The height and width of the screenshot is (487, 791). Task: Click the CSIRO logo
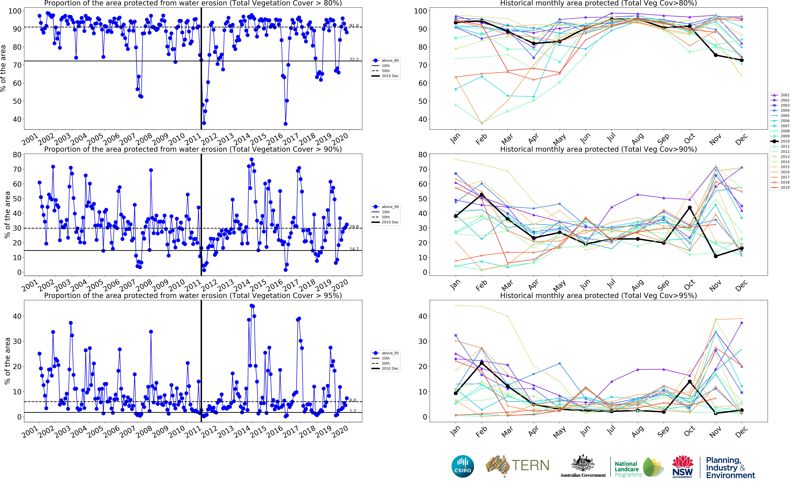[463, 466]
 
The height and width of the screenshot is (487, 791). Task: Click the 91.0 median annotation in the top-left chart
[354, 25]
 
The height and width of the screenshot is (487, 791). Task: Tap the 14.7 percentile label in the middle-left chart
[354, 249]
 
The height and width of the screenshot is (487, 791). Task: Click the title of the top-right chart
[598, 3]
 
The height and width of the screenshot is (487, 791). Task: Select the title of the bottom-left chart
[193, 295]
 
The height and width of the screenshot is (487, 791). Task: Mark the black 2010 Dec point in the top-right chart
[742, 60]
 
